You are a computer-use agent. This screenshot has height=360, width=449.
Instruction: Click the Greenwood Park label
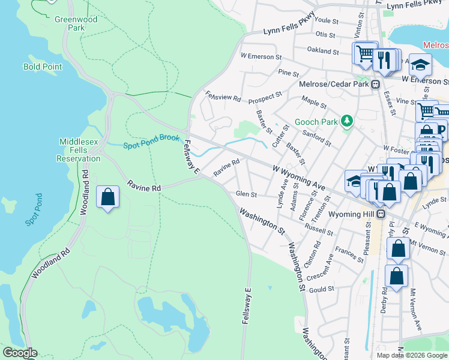click(x=76, y=23)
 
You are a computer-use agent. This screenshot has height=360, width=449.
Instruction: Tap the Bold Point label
click(x=43, y=67)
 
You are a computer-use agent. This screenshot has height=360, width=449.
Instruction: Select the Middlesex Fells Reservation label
click(x=79, y=150)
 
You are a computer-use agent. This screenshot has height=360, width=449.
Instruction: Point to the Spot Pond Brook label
click(x=151, y=142)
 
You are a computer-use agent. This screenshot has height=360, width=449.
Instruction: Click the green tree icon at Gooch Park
click(x=346, y=121)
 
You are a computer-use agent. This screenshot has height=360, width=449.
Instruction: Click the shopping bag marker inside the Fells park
click(x=107, y=197)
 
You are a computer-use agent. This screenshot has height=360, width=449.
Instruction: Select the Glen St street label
click(x=246, y=194)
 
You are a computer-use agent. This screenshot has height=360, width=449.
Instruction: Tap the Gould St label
click(x=322, y=289)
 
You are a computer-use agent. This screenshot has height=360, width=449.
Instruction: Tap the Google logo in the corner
click(x=19, y=353)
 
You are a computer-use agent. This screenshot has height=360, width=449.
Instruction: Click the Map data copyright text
click(x=412, y=355)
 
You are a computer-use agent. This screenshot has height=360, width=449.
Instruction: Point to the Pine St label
click(x=289, y=73)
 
